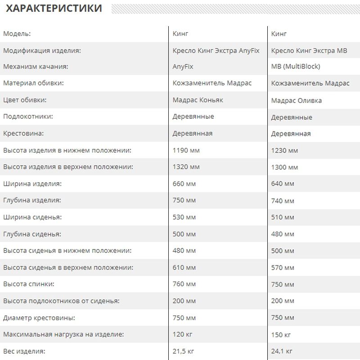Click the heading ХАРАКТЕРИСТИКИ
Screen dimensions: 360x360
pyautogui.click(x=54, y=8)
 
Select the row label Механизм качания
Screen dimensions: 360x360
pyautogui.click(x=36, y=67)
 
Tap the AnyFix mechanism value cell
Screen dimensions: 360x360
pyautogui.click(x=183, y=67)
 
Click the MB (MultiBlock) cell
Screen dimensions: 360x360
pyautogui.click(x=296, y=67)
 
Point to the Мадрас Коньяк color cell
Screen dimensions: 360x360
pyautogui.click(x=198, y=100)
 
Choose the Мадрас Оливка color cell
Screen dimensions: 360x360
pyautogui.click(x=296, y=100)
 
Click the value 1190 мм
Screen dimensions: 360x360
pyautogui.click(x=186, y=150)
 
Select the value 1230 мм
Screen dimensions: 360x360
pyautogui.click(x=284, y=151)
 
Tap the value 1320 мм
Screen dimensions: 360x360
pyautogui.click(x=186, y=167)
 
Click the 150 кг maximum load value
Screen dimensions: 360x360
pyautogui.click(x=281, y=335)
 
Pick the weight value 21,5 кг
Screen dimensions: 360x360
pyautogui.click(x=183, y=351)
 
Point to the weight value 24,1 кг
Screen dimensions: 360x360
pyautogui.click(x=282, y=351)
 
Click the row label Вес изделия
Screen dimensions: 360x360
pyautogui.click(x=24, y=351)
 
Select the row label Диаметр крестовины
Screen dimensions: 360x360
pyautogui.click(x=39, y=318)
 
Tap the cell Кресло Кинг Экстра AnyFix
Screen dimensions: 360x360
pyautogui.click(x=216, y=50)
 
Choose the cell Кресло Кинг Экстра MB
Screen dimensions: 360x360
pyautogui.click(x=309, y=51)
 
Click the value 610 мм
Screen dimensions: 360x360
pyautogui.click(x=184, y=267)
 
